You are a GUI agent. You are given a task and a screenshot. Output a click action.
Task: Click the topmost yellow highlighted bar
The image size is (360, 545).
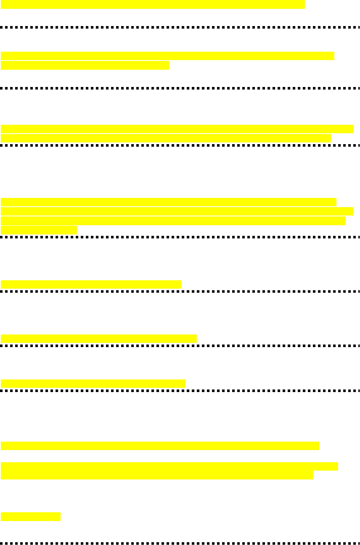153,4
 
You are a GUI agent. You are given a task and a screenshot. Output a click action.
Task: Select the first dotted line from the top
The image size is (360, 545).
180,27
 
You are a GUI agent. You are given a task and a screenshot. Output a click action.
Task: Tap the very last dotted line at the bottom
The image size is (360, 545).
180,543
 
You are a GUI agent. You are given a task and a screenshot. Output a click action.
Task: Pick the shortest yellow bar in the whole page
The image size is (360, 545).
31,516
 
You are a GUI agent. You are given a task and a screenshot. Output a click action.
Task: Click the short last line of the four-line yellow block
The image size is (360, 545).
39,230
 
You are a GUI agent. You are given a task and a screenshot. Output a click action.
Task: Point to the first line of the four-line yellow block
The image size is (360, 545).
168,202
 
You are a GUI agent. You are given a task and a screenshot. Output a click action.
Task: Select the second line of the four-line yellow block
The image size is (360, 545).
177,211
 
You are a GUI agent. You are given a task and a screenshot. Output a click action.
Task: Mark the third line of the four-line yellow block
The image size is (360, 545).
173,221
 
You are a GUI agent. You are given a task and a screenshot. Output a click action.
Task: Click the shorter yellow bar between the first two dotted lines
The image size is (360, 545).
85,65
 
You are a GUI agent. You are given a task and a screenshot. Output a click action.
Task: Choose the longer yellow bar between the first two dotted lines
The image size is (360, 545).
167,56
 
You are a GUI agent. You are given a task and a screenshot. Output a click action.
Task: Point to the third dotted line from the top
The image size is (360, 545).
180,145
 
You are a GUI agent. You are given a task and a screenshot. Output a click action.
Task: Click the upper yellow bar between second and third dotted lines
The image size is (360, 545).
177,129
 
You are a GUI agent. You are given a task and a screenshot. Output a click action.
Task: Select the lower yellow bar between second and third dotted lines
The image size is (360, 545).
166,138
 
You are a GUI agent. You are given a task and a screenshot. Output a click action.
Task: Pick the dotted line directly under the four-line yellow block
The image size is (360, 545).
180,237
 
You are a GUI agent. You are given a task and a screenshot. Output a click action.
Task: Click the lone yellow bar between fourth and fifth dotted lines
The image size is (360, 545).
91,284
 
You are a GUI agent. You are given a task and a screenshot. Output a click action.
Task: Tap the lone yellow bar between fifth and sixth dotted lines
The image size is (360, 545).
98,338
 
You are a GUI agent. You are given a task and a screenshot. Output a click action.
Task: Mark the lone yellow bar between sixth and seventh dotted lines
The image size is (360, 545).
93,384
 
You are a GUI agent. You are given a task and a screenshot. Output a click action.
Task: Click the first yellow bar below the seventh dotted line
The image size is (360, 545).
160,446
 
